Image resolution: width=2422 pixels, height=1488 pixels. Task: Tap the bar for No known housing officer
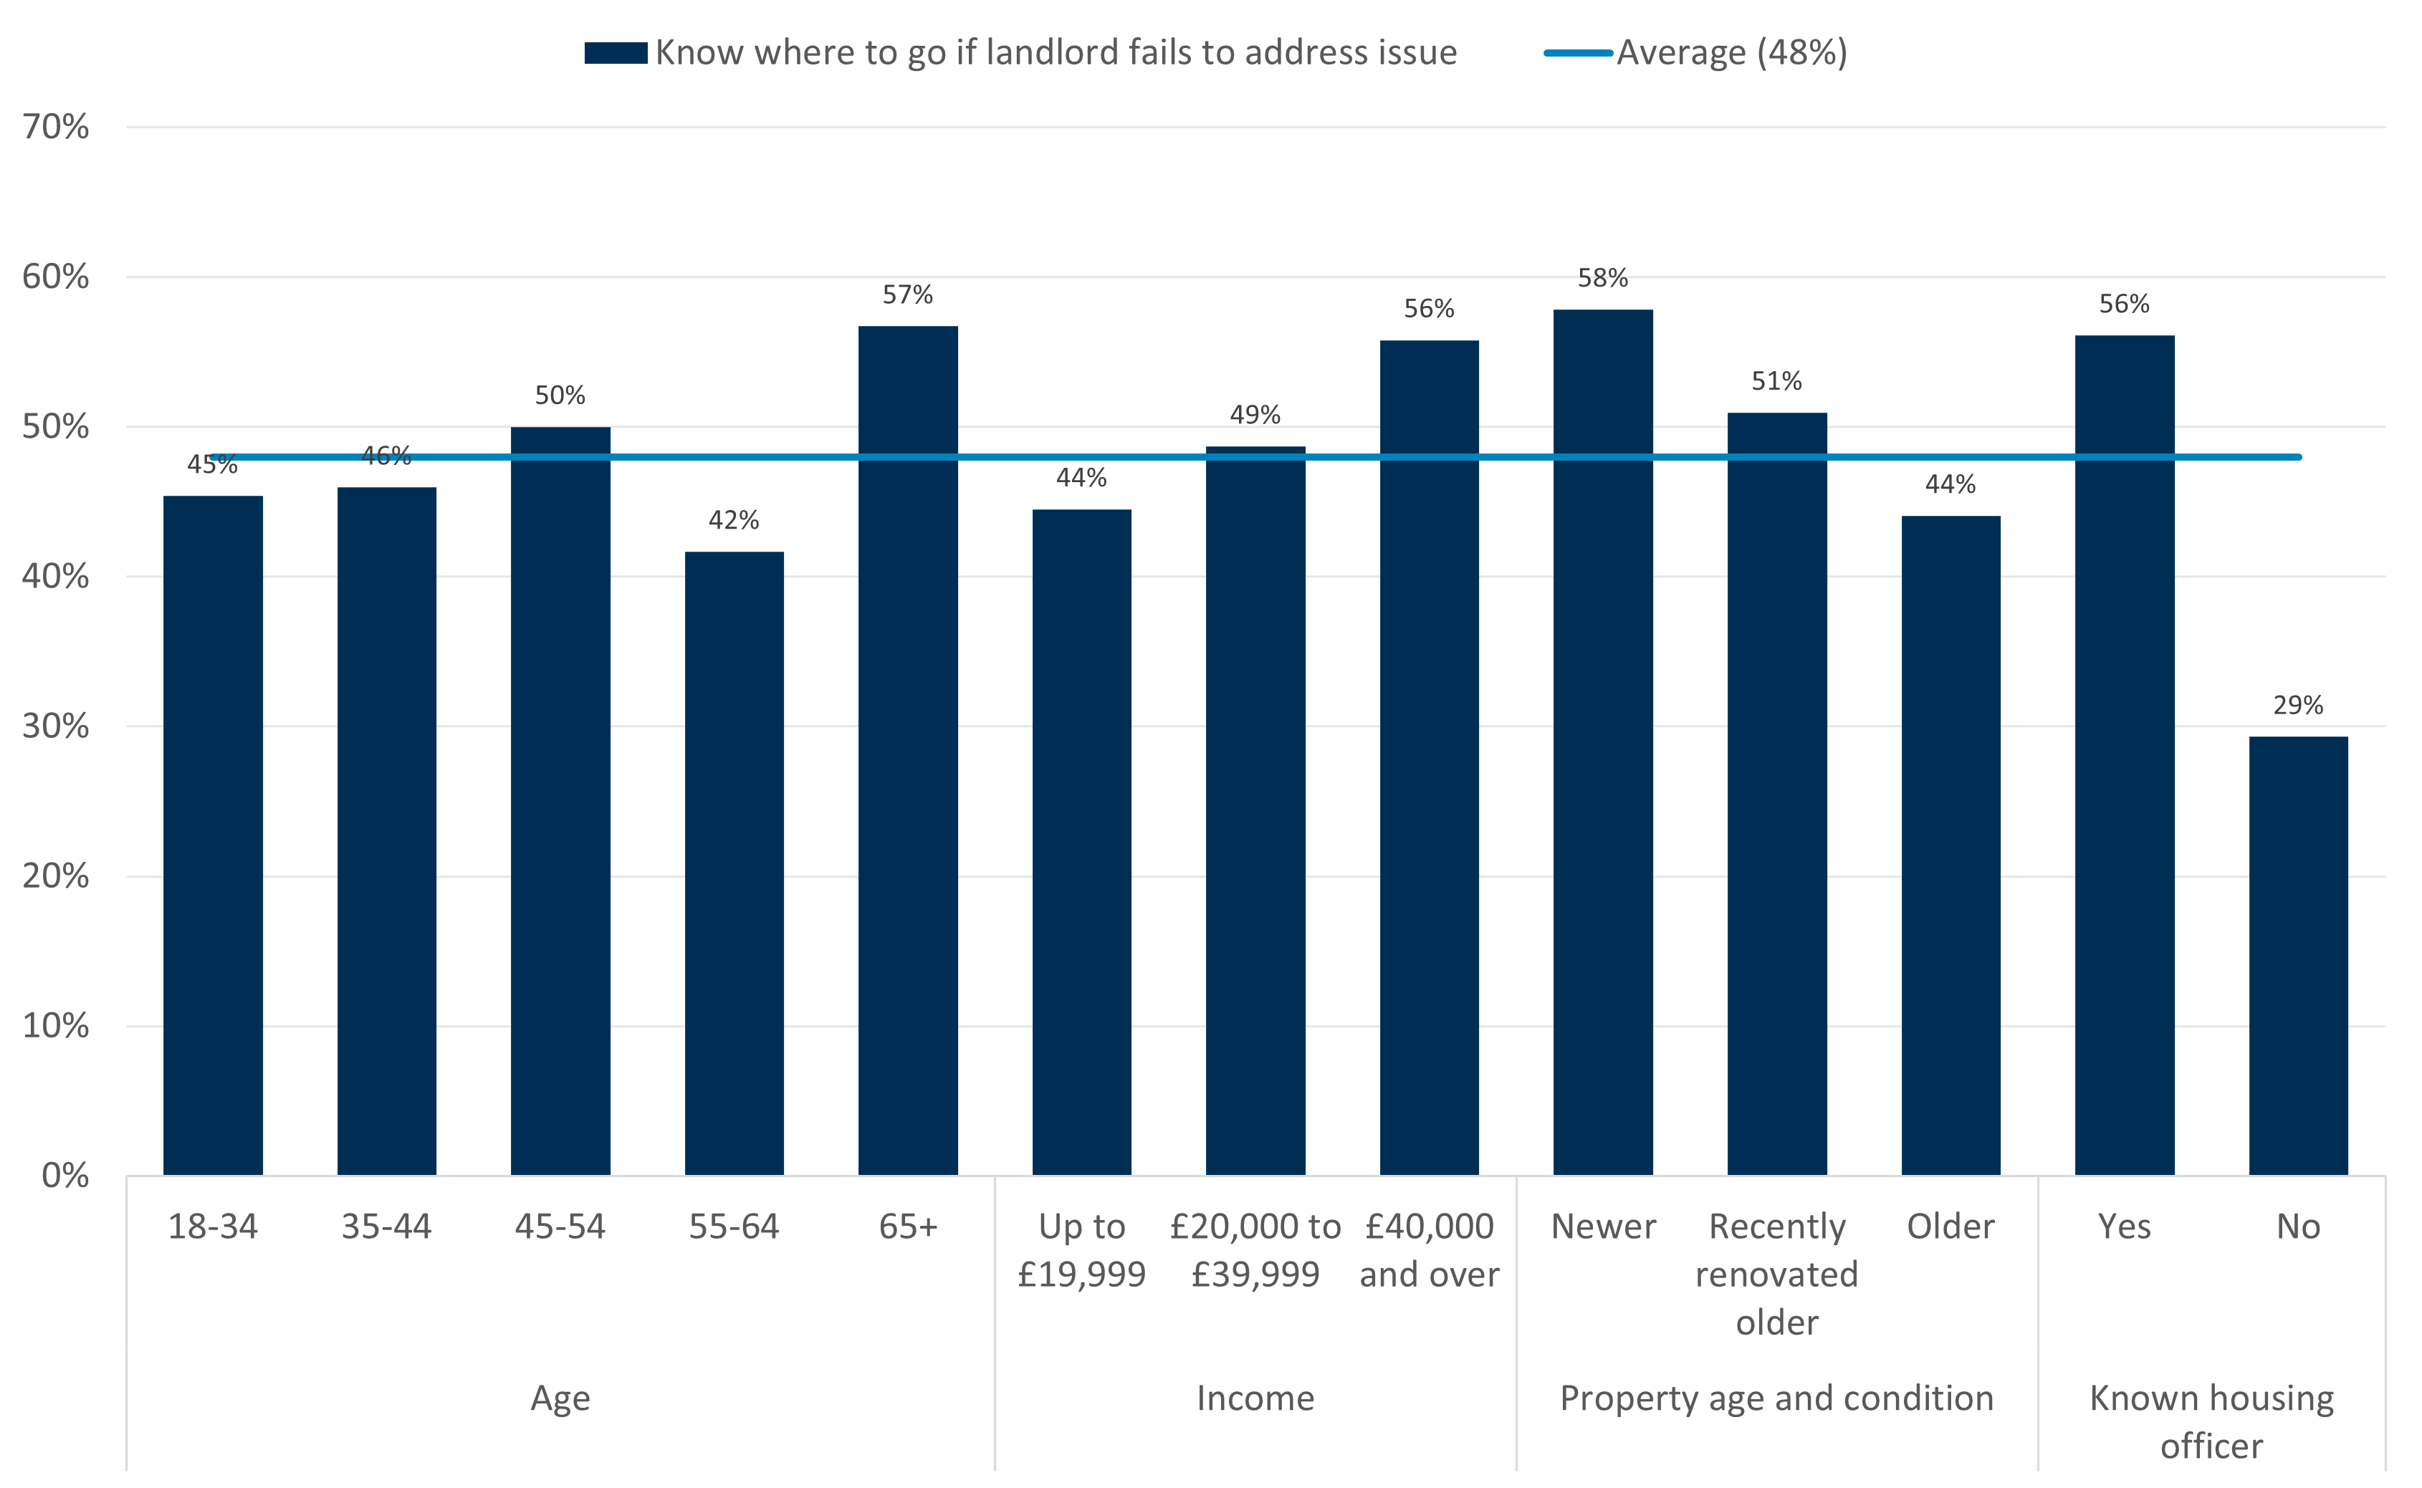coord(2298,954)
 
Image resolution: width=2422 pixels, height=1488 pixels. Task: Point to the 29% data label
coord(2298,706)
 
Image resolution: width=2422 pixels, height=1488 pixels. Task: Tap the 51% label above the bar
coord(1776,382)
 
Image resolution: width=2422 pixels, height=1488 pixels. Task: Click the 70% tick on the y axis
coord(56,127)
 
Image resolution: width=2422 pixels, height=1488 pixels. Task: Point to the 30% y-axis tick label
coord(56,726)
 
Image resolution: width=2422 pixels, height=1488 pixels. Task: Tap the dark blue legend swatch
coord(615,53)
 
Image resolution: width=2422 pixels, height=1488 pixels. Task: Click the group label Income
coord(1255,1398)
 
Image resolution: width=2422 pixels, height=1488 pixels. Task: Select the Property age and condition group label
coord(1776,1398)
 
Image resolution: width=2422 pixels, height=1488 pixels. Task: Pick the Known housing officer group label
coord(2211,1422)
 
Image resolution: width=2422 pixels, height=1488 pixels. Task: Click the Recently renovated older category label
coord(1776,1275)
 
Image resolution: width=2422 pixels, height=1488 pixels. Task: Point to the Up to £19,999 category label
coord(1081,1250)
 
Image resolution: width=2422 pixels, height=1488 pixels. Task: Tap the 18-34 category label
coord(213,1227)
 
